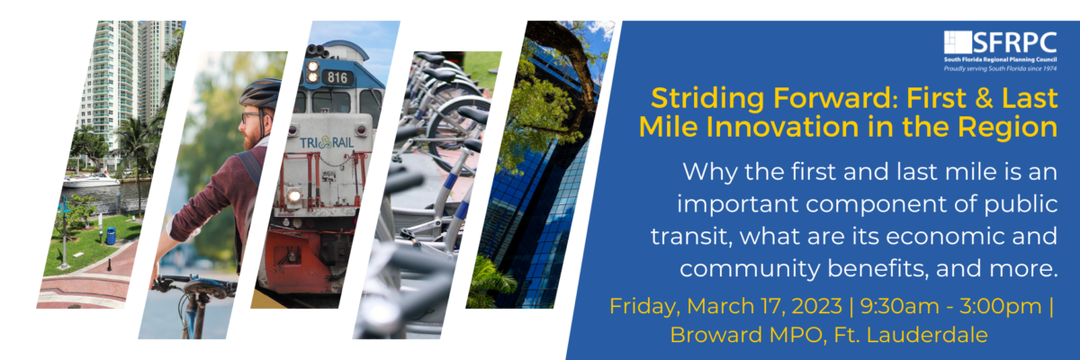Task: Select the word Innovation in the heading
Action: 795,127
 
